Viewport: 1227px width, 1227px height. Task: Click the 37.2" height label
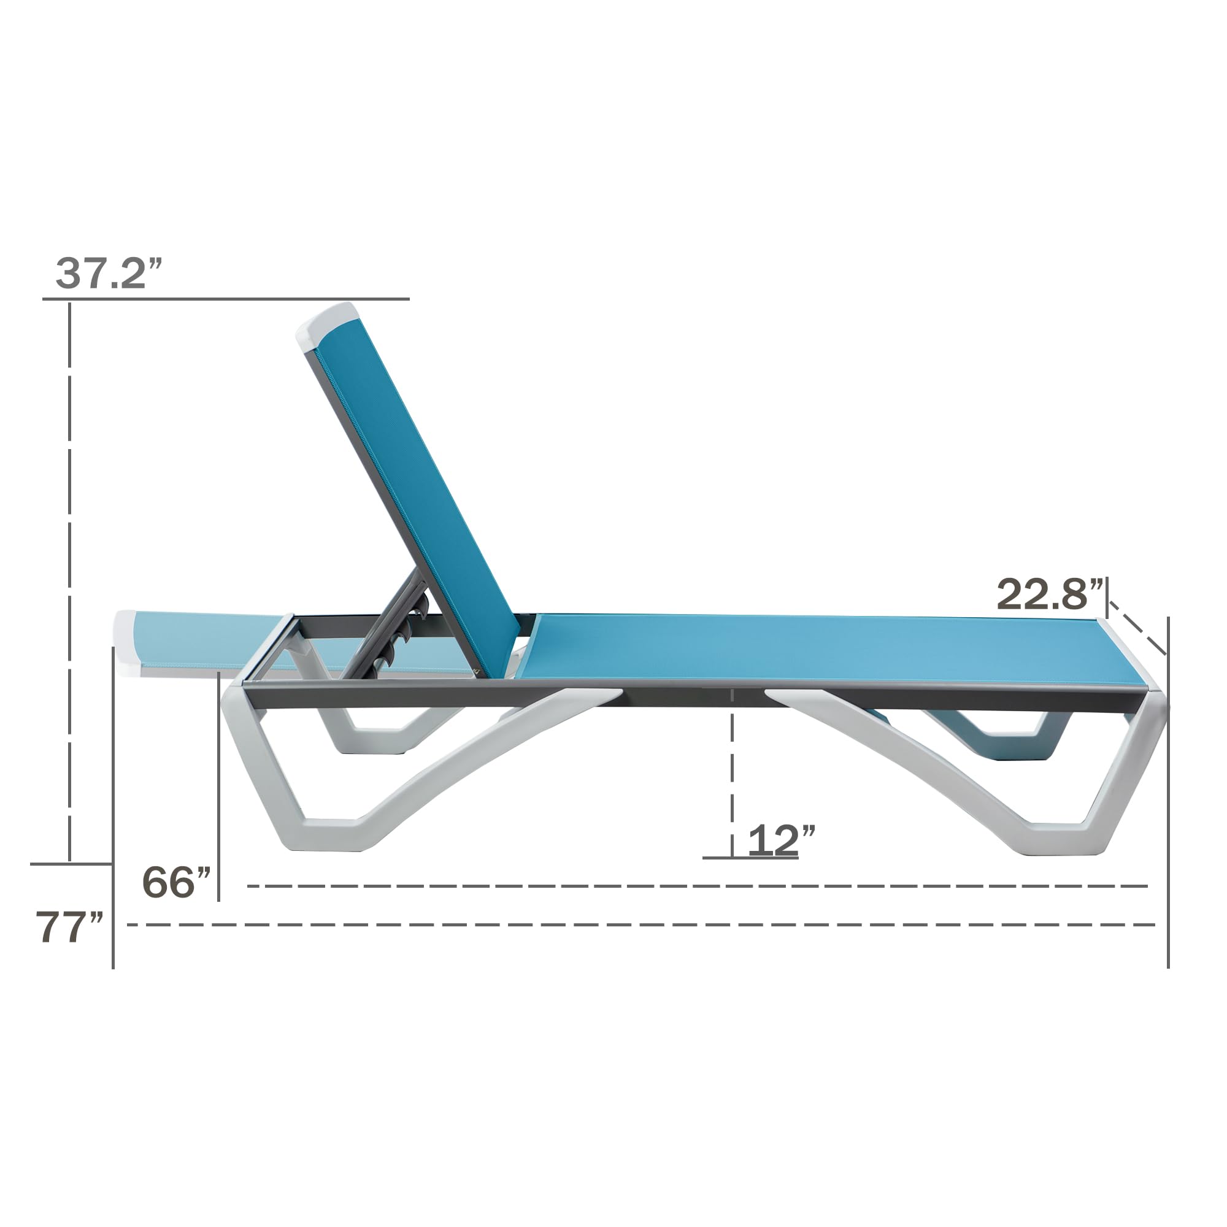point(109,274)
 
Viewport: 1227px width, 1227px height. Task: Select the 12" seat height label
point(780,841)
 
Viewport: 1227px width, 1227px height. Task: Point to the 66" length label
point(176,882)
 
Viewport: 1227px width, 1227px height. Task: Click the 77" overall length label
point(69,927)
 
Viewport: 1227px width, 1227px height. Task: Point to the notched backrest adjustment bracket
point(407,626)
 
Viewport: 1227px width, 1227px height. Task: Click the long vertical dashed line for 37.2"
point(69,572)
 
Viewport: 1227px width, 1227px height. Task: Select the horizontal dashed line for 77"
point(635,925)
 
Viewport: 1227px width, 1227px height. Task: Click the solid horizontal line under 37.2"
point(225,299)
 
